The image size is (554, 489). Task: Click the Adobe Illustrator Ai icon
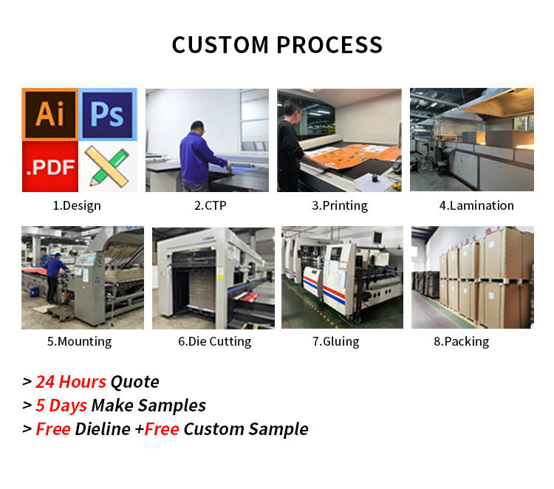click(x=49, y=114)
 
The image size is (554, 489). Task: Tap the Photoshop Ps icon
click(x=108, y=114)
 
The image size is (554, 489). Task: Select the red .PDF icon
click(x=50, y=166)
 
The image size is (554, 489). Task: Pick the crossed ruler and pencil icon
click(x=108, y=167)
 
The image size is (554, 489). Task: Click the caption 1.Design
click(x=77, y=205)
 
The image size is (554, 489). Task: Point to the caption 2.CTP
click(x=211, y=205)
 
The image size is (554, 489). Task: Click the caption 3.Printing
click(x=340, y=205)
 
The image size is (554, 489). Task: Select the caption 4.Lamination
click(x=476, y=205)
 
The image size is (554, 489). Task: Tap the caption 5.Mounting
click(x=80, y=342)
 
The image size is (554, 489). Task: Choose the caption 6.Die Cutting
click(x=214, y=342)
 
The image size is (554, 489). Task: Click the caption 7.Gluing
click(x=335, y=342)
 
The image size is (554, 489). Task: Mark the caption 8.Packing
click(x=462, y=342)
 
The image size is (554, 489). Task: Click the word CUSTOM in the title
click(x=220, y=45)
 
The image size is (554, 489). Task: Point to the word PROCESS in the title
click(x=329, y=45)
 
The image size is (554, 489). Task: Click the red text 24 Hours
click(x=71, y=382)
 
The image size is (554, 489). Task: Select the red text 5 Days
click(x=61, y=406)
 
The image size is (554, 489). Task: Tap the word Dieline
click(x=103, y=429)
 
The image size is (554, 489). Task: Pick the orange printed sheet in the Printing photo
click(x=353, y=156)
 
